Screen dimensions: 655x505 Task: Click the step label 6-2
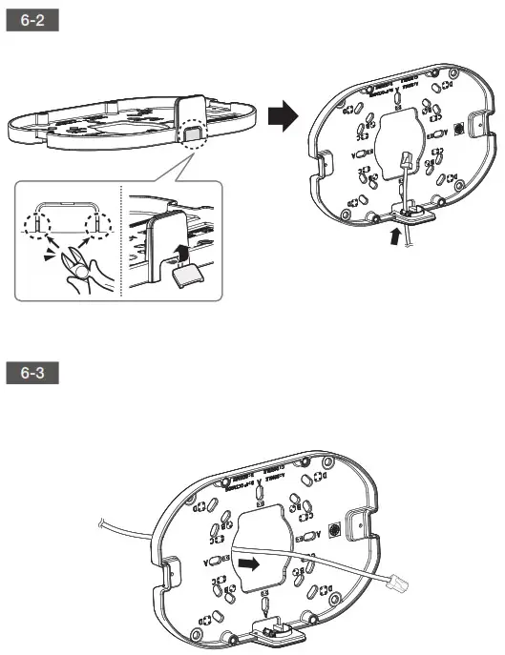tap(33, 21)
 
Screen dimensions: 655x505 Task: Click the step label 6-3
tap(33, 374)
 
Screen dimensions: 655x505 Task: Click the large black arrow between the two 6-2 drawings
tap(280, 117)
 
